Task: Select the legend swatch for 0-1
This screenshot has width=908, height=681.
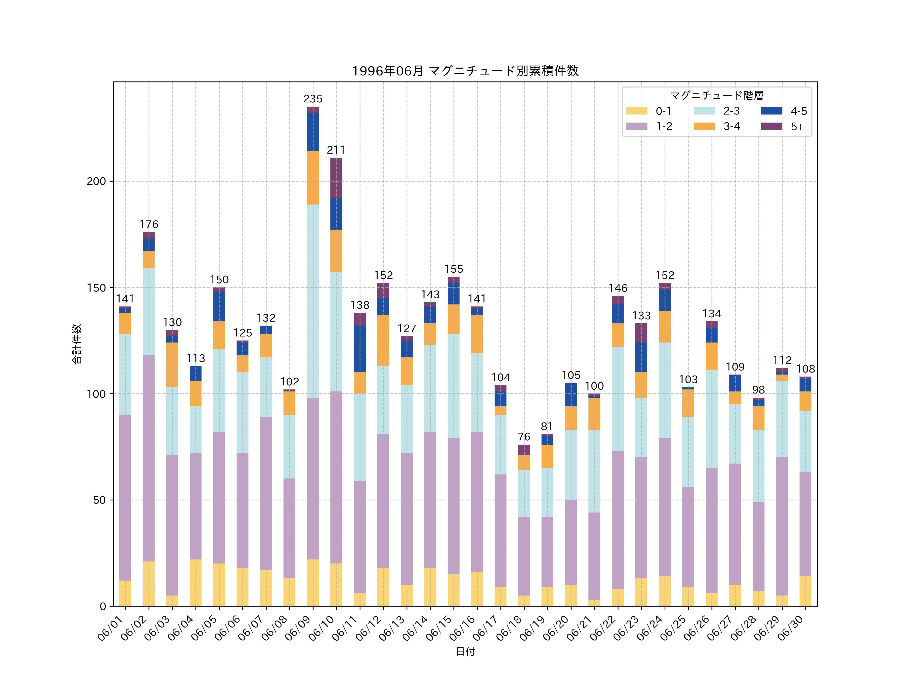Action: point(637,111)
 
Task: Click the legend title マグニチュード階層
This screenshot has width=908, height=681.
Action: point(717,96)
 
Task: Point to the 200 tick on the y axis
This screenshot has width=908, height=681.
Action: point(96,181)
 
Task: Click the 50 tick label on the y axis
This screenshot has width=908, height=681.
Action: point(99,500)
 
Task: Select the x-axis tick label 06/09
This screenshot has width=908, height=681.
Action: point(298,628)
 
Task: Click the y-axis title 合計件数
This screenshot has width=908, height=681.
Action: point(77,344)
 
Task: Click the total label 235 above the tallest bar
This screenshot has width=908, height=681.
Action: point(313,99)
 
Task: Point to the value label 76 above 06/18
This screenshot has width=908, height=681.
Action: point(524,437)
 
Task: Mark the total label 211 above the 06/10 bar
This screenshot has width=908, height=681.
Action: point(336,150)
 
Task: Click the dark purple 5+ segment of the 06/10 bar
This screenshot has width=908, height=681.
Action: point(336,178)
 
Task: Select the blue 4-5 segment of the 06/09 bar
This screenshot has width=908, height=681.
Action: point(313,132)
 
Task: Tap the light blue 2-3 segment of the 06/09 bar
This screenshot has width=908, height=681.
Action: point(313,301)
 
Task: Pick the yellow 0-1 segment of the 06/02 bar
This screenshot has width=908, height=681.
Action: point(149,583)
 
